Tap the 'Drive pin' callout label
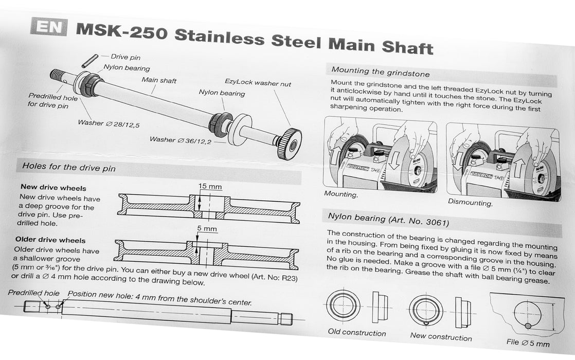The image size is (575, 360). (125, 58)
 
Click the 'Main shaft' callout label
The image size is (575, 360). (159, 80)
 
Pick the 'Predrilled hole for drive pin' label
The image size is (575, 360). (52, 101)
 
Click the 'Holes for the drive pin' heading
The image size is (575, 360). (68, 167)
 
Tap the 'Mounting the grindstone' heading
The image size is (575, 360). (380, 73)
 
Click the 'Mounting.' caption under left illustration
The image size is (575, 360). (341, 194)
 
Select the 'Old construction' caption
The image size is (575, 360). (356, 333)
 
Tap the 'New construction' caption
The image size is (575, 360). (441, 337)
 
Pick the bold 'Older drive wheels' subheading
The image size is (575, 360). (50, 240)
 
